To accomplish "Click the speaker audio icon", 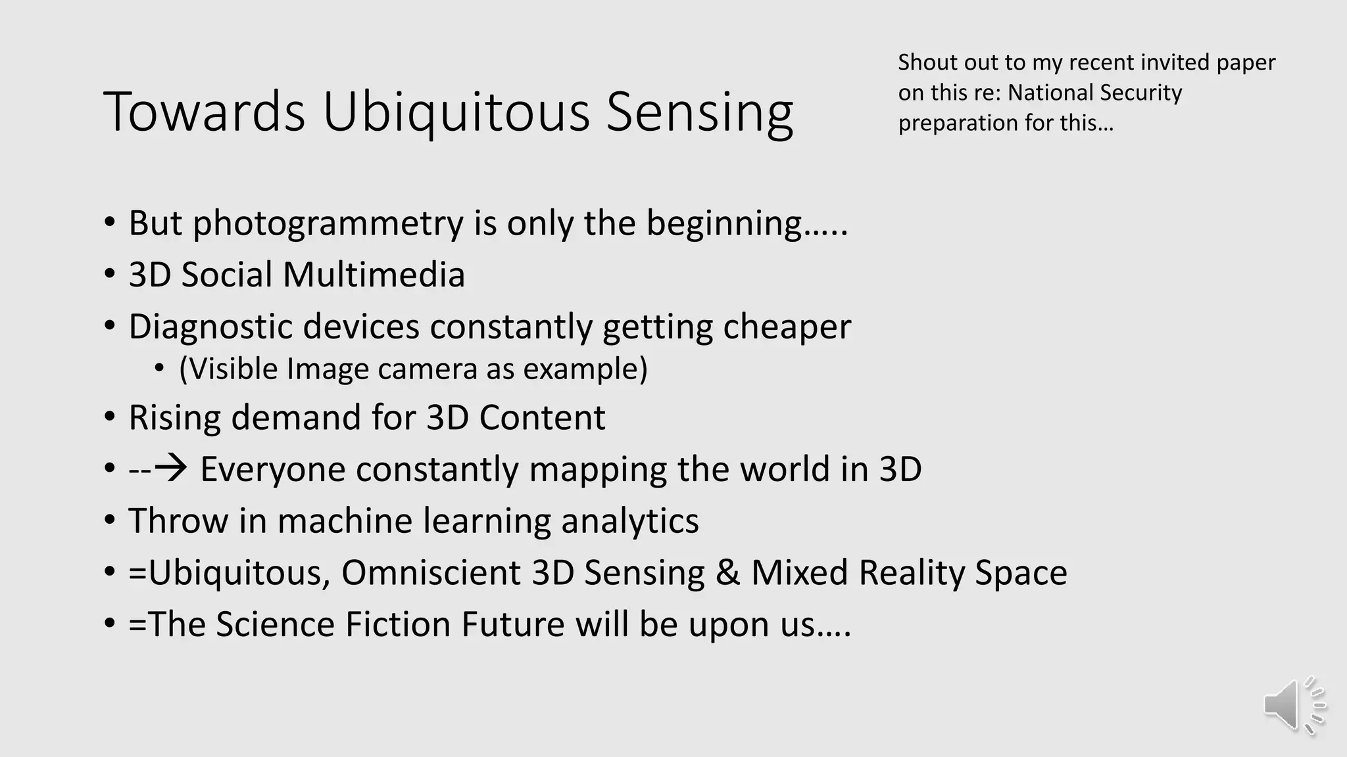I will click(x=1293, y=705).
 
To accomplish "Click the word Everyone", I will click(x=272, y=470).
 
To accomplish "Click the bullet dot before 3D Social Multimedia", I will click(x=109, y=275).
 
